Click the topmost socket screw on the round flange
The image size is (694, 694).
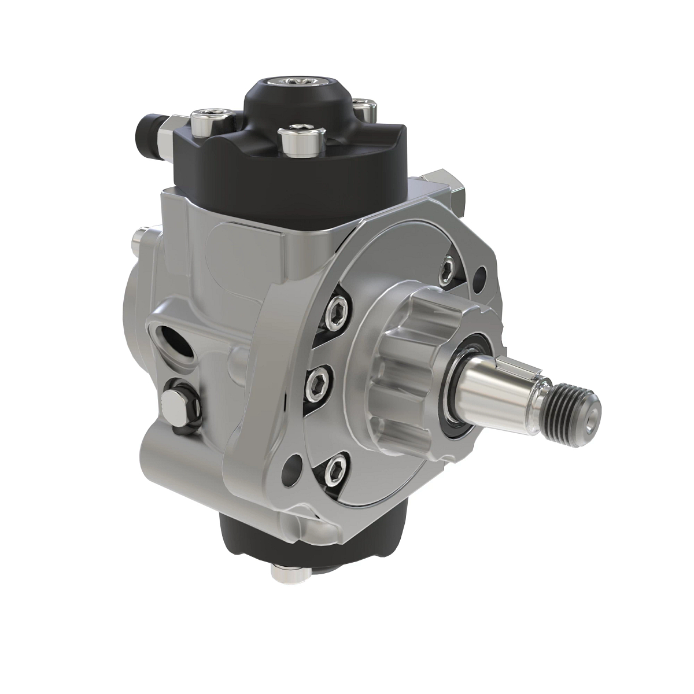pos(448,268)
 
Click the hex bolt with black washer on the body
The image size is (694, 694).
pos(173,404)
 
